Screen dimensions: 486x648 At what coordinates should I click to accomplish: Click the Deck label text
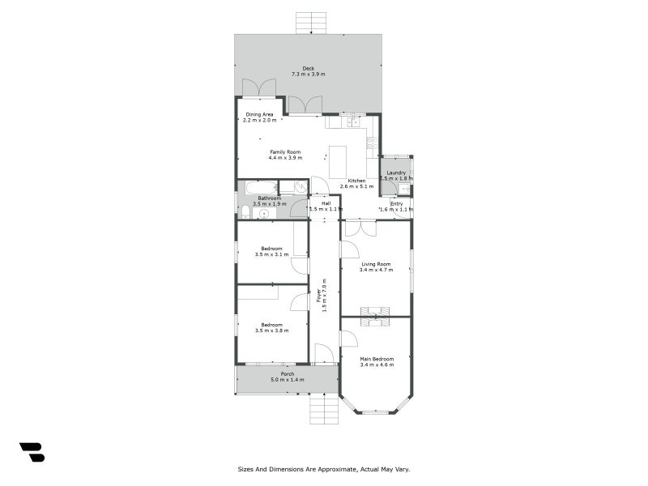pyautogui.click(x=308, y=68)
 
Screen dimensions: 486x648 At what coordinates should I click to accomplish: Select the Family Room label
pyautogui.click(x=285, y=151)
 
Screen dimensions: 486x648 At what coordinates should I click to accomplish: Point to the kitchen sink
pyautogui.click(x=352, y=122)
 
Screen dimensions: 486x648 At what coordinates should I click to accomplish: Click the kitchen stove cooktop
pyautogui.click(x=371, y=143)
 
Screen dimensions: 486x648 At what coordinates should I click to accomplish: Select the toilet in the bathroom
pyautogui.click(x=245, y=211)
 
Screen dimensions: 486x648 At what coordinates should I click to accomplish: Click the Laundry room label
pyautogui.click(x=396, y=173)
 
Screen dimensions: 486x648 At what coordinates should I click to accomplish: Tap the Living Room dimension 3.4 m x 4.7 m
pyautogui.click(x=376, y=270)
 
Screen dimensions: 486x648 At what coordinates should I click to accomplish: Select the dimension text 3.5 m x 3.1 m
pyautogui.click(x=271, y=254)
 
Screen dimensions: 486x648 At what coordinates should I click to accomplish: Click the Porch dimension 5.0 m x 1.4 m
pyautogui.click(x=288, y=380)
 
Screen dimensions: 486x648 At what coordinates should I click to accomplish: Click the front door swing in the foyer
pyautogui.click(x=322, y=354)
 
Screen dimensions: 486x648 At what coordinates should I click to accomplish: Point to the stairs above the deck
pyautogui.click(x=311, y=23)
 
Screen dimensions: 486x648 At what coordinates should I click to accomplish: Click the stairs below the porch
pyautogui.click(x=323, y=408)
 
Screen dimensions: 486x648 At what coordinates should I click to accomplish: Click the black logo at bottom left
pyautogui.click(x=32, y=452)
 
